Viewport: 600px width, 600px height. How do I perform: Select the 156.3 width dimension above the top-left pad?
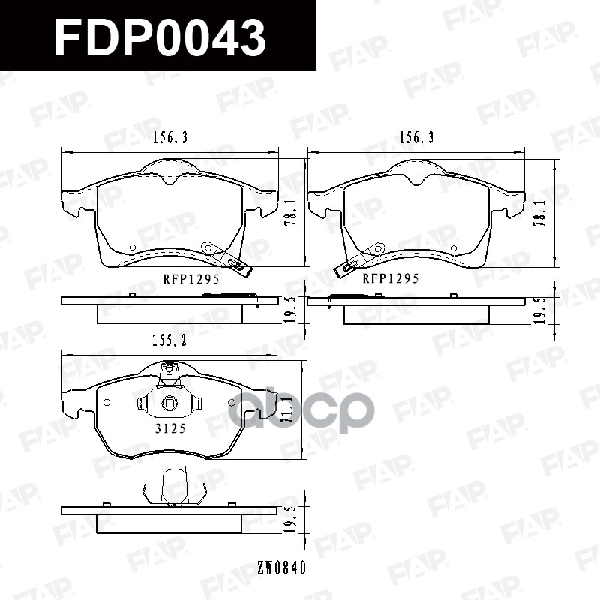(169, 137)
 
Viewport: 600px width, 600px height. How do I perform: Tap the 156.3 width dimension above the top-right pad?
(416, 137)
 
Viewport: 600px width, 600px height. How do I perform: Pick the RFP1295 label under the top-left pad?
(190, 278)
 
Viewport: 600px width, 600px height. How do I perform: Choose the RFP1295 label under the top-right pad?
(391, 278)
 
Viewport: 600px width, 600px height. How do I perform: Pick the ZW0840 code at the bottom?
(280, 568)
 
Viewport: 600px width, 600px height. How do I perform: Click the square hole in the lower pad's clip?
(169, 404)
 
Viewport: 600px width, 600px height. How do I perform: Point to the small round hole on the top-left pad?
(133, 247)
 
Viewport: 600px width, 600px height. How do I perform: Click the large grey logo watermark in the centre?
(300, 409)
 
